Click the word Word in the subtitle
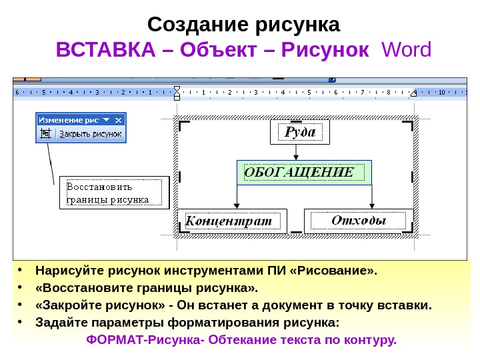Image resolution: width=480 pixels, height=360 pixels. [405, 50]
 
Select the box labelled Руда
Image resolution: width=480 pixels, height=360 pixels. [300, 132]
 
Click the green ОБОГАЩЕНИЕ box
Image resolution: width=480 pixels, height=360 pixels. [304, 173]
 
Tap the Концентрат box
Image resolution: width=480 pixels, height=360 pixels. [232, 221]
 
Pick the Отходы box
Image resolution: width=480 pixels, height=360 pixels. [359, 221]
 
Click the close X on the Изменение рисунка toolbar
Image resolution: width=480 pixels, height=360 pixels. [119, 120]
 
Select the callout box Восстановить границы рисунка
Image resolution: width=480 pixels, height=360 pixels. [114, 192]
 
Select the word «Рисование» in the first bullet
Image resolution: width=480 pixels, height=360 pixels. [338, 271]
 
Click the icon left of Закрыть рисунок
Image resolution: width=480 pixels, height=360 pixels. [45, 133]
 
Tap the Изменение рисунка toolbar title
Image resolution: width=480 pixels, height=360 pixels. [69, 120]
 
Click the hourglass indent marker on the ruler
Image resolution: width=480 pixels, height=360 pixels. [177, 92]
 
